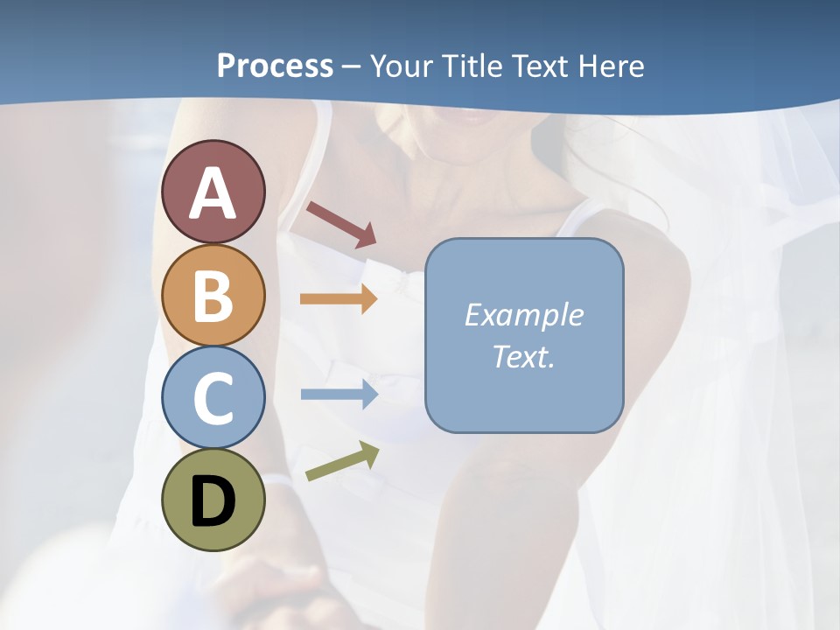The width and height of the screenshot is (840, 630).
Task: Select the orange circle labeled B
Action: pos(213,295)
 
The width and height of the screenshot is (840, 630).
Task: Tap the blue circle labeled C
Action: pos(213,397)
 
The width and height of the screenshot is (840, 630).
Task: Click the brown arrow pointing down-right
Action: pos(341,224)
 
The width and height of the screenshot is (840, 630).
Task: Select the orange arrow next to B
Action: pos(339,299)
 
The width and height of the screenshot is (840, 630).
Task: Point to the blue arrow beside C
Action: pos(339,395)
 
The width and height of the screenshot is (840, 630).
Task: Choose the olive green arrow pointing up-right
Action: pos(342,460)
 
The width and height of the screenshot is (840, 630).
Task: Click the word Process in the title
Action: pos(275,66)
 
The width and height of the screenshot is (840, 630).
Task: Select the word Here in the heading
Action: pos(611,66)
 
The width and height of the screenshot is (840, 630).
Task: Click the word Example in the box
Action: pos(523,315)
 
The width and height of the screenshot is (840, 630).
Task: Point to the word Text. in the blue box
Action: pos(523,356)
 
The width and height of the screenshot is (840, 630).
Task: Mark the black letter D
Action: pos(213,501)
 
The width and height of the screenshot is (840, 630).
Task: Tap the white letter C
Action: pos(213,397)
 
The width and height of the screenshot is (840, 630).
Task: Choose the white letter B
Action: pos(213,295)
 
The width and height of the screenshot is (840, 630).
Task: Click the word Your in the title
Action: pos(402,66)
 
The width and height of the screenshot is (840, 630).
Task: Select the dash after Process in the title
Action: pos(352,67)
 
